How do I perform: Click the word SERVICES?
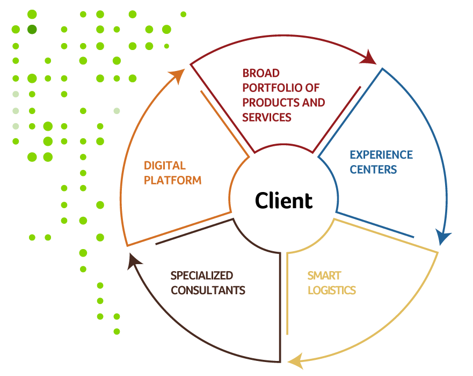click(x=267, y=117)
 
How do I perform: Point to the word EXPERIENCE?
click(x=381, y=155)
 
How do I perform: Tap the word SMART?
click(x=324, y=276)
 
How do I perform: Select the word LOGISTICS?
click(x=331, y=290)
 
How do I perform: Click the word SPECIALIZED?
click(x=202, y=276)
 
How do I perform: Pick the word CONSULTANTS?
click(x=208, y=290)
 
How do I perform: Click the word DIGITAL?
click(x=164, y=166)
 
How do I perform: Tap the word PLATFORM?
click(x=172, y=181)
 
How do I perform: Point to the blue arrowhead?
click(x=443, y=237)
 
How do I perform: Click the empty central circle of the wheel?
click(x=283, y=198)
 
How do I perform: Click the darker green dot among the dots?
click(x=32, y=29)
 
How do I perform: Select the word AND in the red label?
click(x=315, y=102)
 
